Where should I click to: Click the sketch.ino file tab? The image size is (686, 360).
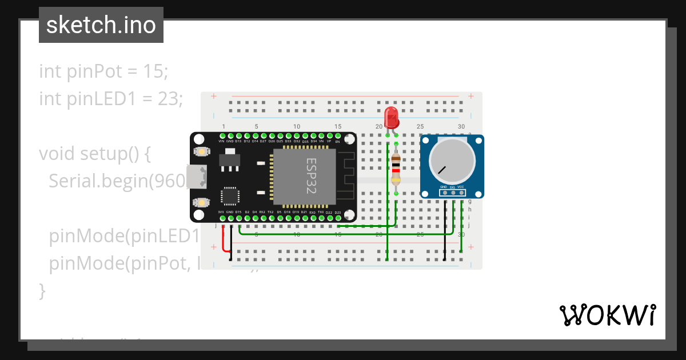pyautogui.click(x=101, y=25)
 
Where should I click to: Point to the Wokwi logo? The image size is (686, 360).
pyautogui.click(x=607, y=315)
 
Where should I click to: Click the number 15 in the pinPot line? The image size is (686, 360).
pyautogui.click(x=156, y=71)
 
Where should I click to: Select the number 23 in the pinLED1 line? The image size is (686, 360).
pyautogui.click(x=170, y=99)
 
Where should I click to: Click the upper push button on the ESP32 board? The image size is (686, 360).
pyautogui.click(x=201, y=151)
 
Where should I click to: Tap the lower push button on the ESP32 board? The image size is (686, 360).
pyautogui.click(x=201, y=202)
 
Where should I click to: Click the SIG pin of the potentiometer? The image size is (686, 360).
pyautogui.click(x=453, y=193)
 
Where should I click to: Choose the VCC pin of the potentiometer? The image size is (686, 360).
pyautogui.click(x=461, y=193)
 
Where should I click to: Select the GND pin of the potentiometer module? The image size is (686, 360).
pyautogui.click(x=444, y=193)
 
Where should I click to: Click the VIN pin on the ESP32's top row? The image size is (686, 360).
pyautogui.click(x=221, y=135)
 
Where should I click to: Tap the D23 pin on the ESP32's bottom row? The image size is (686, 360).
pyautogui.click(x=338, y=218)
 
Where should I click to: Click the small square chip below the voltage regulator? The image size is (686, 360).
pyautogui.click(x=230, y=196)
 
